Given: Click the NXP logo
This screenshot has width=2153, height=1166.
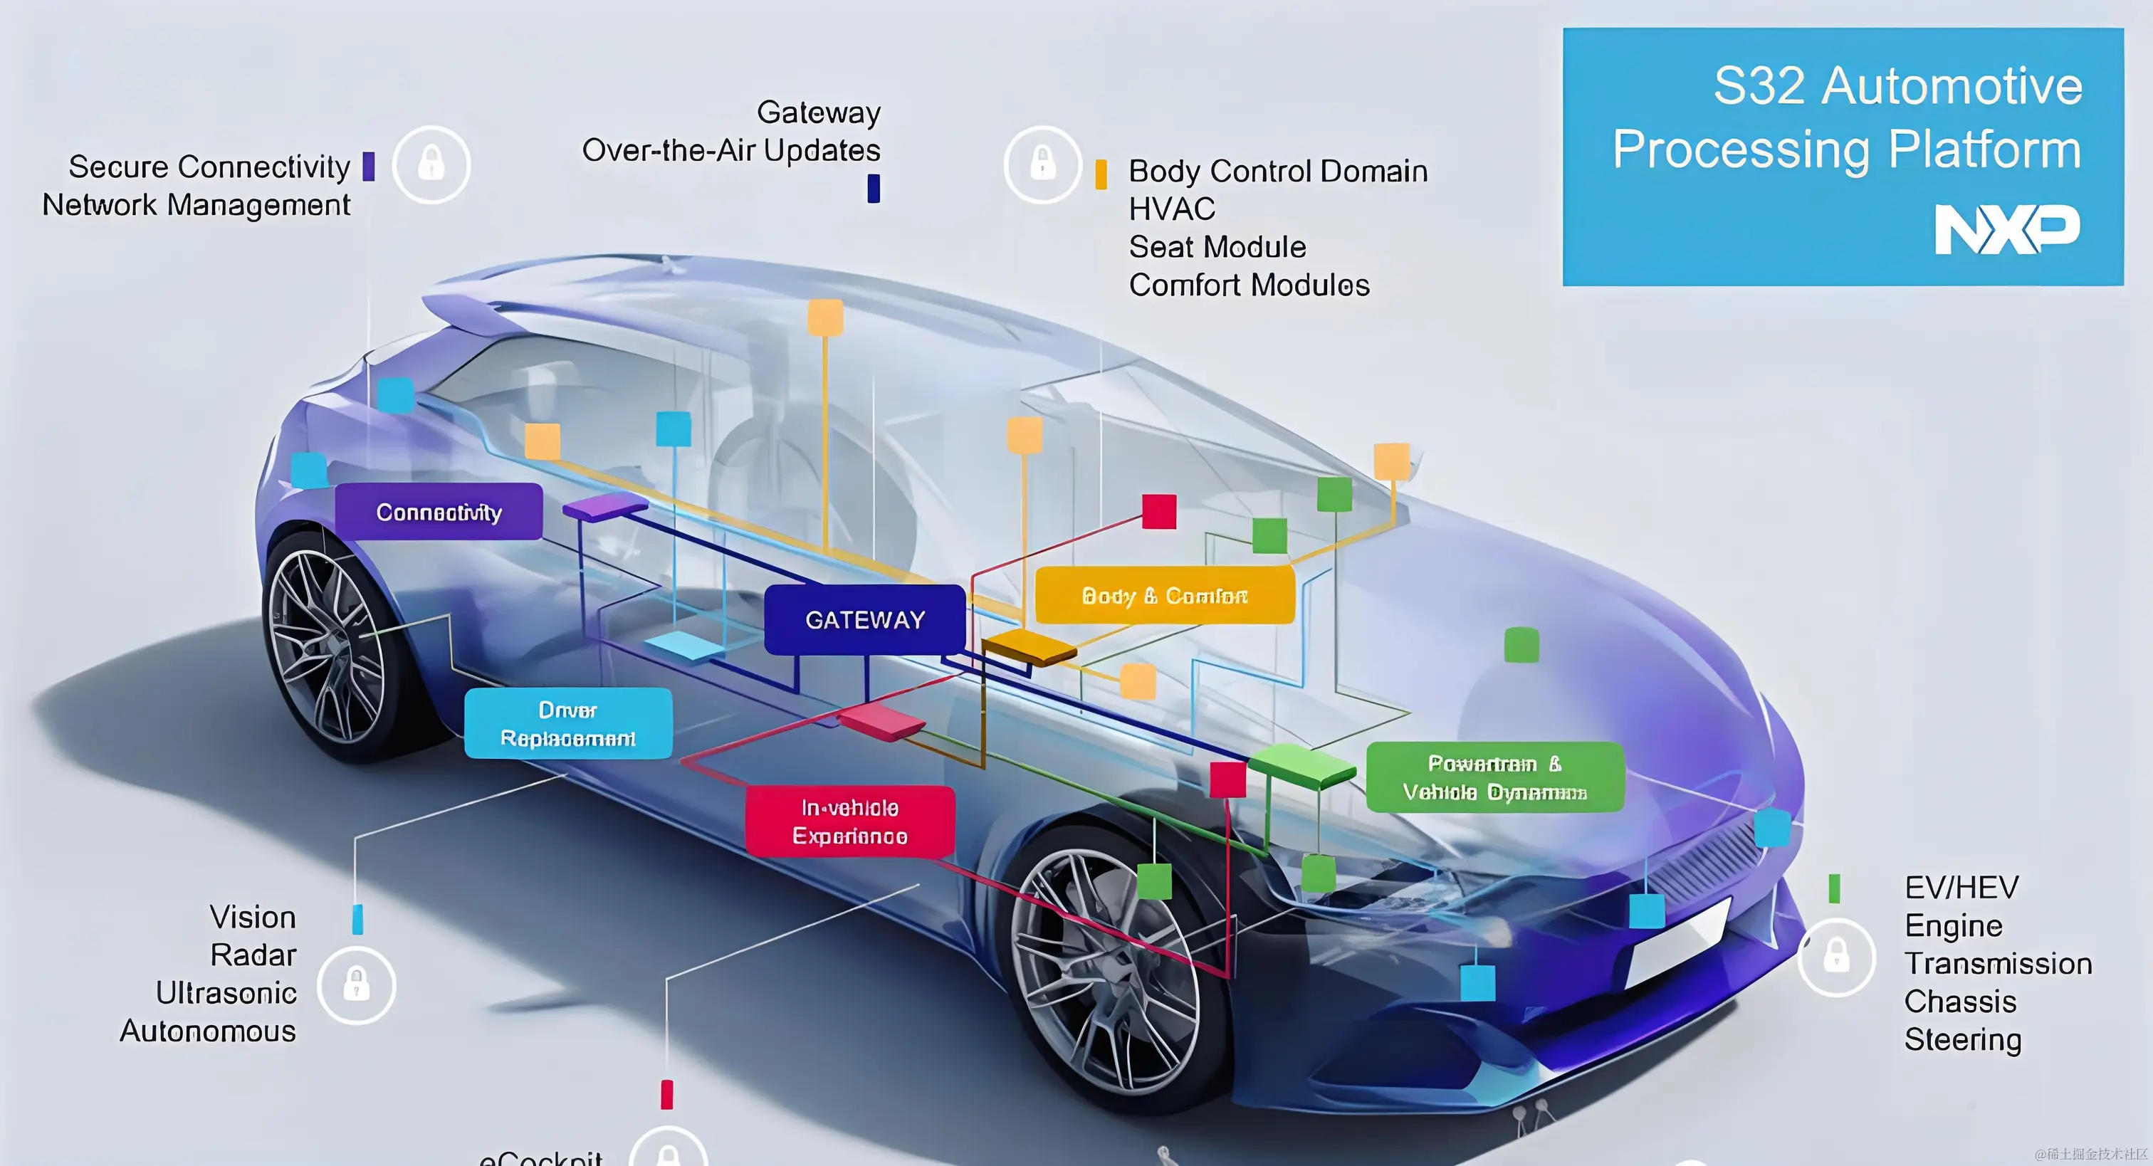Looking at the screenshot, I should click(x=2007, y=229).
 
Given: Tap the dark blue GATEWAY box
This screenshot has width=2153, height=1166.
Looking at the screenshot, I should click(x=865, y=619).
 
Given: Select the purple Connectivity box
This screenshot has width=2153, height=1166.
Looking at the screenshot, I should click(x=439, y=512).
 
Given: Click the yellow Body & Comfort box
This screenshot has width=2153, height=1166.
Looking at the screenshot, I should click(x=1164, y=595).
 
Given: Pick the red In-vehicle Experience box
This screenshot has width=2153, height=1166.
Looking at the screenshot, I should click(x=850, y=821).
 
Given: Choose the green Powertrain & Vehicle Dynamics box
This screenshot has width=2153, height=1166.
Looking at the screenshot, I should click(x=1494, y=777).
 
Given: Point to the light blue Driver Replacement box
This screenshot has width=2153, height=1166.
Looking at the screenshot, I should click(x=567, y=724).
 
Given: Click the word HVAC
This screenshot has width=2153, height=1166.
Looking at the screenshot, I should click(x=1172, y=209).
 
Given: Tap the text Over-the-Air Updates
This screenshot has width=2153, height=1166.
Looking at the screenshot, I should click(x=731, y=150).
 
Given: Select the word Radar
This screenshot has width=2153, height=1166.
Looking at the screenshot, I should click(x=253, y=955).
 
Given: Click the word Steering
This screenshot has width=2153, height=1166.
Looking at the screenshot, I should click(x=1962, y=1040).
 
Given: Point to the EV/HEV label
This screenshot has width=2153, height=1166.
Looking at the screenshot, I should click(x=1961, y=887).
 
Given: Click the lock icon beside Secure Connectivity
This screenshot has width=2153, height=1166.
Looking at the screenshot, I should click(x=431, y=164).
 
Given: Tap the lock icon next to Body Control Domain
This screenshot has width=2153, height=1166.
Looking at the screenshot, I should click(x=1042, y=164).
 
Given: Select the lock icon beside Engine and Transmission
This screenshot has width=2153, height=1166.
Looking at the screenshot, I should click(x=1836, y=957).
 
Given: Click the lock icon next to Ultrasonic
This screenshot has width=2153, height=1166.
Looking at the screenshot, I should click(x=357, y=985).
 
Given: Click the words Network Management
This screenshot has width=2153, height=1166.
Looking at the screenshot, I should click(x=197, y=205).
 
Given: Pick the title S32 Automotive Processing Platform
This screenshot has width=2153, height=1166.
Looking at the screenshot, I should click(x=1847, y=117).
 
